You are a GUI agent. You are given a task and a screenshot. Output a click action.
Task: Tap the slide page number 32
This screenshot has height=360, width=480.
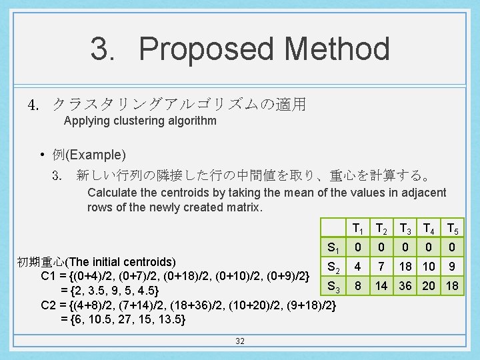tap(240, 341)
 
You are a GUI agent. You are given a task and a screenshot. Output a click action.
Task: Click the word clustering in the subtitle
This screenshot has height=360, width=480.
tap(129, 121)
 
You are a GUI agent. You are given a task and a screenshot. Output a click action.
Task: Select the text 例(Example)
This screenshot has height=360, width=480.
tap(89, 155)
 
